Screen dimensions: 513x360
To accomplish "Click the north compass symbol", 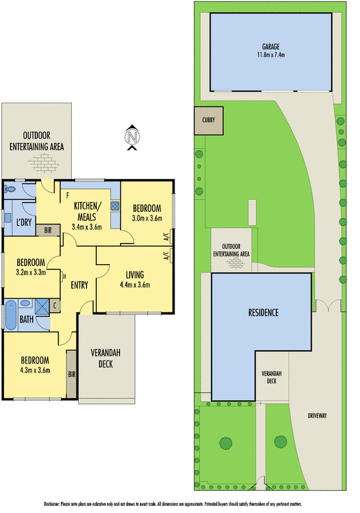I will [x=132, y=137].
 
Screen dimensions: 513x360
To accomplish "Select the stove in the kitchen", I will [x=116, y=206].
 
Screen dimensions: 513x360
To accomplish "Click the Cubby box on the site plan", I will [x=208, y=120].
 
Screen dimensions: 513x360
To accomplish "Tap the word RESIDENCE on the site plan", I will [x=263, y=313].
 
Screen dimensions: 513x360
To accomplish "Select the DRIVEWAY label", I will [x=316, y=416].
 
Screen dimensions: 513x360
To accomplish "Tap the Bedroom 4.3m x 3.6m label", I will [x=35, y=365].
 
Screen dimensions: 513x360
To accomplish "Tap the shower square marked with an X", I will [x=41, y=305].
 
